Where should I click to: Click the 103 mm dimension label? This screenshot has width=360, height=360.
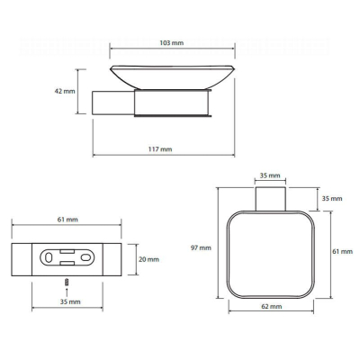tap(171, 43)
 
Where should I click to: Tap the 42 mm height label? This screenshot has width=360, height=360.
tap(65, 91)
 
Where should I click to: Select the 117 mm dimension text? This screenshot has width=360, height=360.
tap(160, 149)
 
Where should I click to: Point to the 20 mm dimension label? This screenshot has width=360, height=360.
tap(148, 259)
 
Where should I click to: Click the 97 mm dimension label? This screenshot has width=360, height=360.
tap(201, 247)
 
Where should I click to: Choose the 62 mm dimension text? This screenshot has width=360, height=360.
tap(272, 306)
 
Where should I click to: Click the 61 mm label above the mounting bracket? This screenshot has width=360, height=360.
tap(67, 220)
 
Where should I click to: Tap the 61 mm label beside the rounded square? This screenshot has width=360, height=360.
tap(342, 251)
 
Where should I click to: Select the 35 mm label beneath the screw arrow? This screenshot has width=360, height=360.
tap(70, 301)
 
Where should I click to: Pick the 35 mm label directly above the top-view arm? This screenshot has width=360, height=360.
tap(270, 175)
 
